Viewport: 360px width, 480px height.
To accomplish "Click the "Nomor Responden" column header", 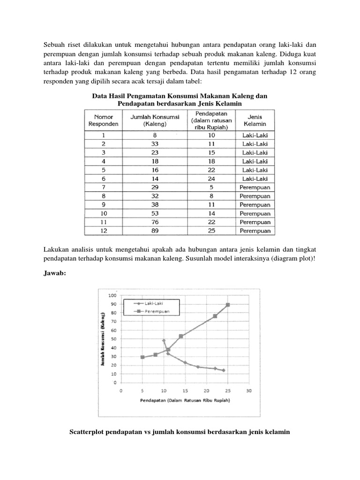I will coord(103,120).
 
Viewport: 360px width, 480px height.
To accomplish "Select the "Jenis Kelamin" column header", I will coord(255,120).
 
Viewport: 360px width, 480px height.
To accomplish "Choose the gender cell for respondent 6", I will coord(255,179).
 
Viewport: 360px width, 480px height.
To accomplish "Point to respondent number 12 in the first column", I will coord(103,231).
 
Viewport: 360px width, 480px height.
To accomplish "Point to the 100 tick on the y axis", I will coord(112,295).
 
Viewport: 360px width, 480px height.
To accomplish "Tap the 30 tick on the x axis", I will coord(248,390).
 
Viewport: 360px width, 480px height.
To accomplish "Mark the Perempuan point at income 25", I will coord(227,305).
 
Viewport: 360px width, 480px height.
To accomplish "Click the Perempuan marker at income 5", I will coord(142,357).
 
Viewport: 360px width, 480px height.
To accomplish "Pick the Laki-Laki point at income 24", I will coord(224,370).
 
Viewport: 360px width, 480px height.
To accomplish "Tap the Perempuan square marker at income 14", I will coord(181,336).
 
